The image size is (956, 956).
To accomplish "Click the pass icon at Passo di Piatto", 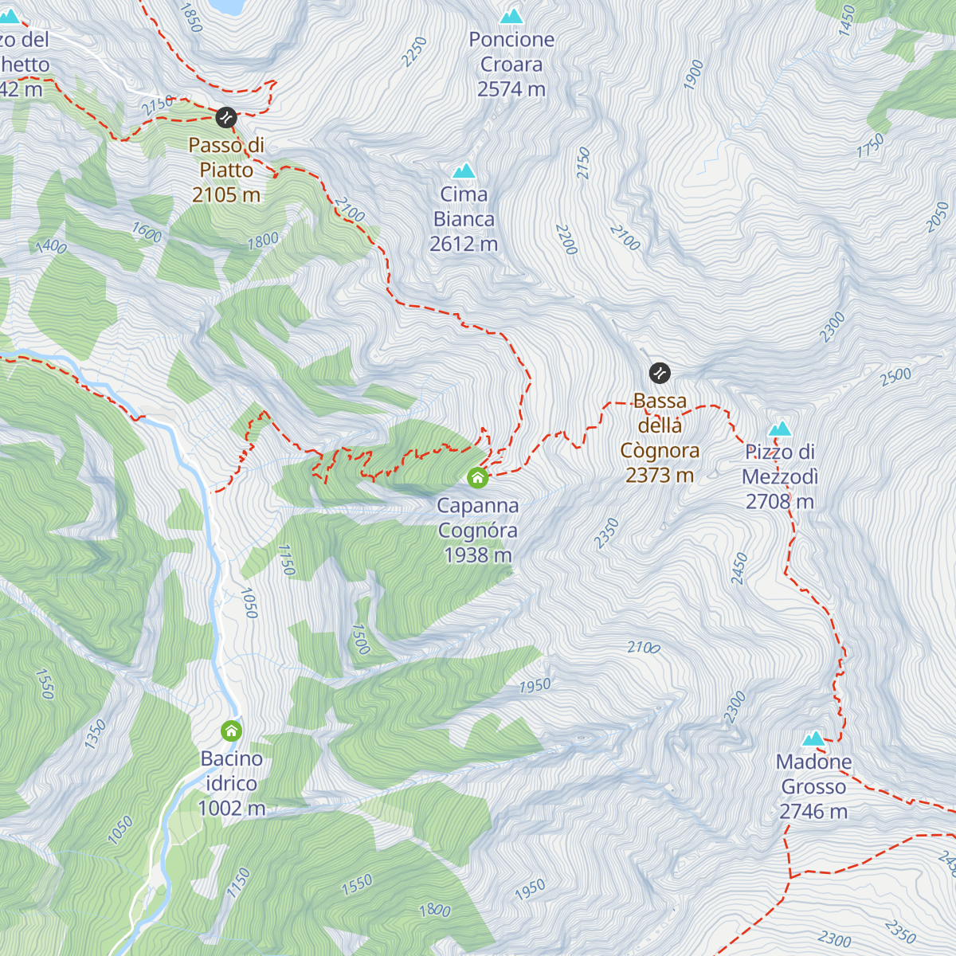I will (x=226, y=118).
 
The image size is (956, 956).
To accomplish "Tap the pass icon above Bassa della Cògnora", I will (x=660, y=372).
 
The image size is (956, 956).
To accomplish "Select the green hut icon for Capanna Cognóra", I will (x=477, y=477).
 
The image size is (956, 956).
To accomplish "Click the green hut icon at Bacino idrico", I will (x=231, y=731).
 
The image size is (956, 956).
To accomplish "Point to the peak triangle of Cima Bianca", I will (x=464, y=170).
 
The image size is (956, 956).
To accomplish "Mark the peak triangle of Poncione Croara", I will (x=511, y=16).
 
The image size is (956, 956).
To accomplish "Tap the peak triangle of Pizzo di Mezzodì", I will (x=780, y=429).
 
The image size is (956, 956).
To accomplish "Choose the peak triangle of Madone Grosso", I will (x=813, y=739).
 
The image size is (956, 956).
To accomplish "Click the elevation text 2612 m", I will (x=464, y=244).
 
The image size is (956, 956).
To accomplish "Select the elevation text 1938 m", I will (x=478, y=555).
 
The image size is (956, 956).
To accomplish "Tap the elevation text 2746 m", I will (x=813, y=812).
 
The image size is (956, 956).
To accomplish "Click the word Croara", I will (x=511, y=65).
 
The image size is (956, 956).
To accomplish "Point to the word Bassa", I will (x=660, y=401).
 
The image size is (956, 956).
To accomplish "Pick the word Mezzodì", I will (x=780, y=476).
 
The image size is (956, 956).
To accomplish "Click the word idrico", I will (x=231, y=783).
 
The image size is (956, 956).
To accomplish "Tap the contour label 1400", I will (x=51, y=246).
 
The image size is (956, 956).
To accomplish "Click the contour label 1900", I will (x=694, y=74).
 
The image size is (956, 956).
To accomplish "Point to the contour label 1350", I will (x=95, y=734).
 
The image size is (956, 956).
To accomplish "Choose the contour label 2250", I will (x=414, y=52).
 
